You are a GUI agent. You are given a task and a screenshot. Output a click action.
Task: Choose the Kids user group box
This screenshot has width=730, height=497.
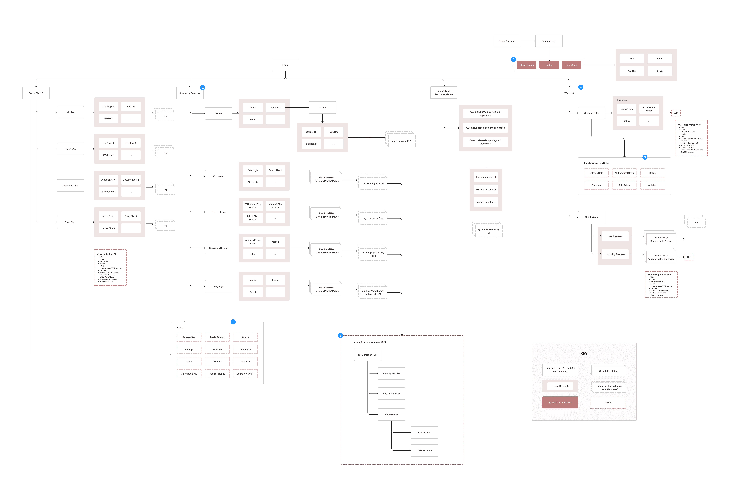coord(632,58)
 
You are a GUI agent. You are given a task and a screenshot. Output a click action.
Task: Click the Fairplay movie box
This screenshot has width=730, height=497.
coord(131,107)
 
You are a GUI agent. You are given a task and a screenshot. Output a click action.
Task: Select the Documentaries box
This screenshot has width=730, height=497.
coord(70,185)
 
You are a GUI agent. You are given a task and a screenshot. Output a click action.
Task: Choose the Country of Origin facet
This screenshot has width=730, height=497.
coord(245,374)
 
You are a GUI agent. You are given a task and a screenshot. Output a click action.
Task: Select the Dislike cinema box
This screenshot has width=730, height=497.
coord(424,450)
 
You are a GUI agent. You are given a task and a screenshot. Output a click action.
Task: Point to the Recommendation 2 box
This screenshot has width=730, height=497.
coord(486,190)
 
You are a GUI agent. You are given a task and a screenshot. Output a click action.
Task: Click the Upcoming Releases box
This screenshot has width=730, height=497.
coord(615,254)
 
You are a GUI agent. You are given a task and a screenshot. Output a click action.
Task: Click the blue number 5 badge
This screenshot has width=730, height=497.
coord(340,335)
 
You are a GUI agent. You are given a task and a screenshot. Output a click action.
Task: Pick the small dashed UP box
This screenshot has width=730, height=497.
coord(689,257)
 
